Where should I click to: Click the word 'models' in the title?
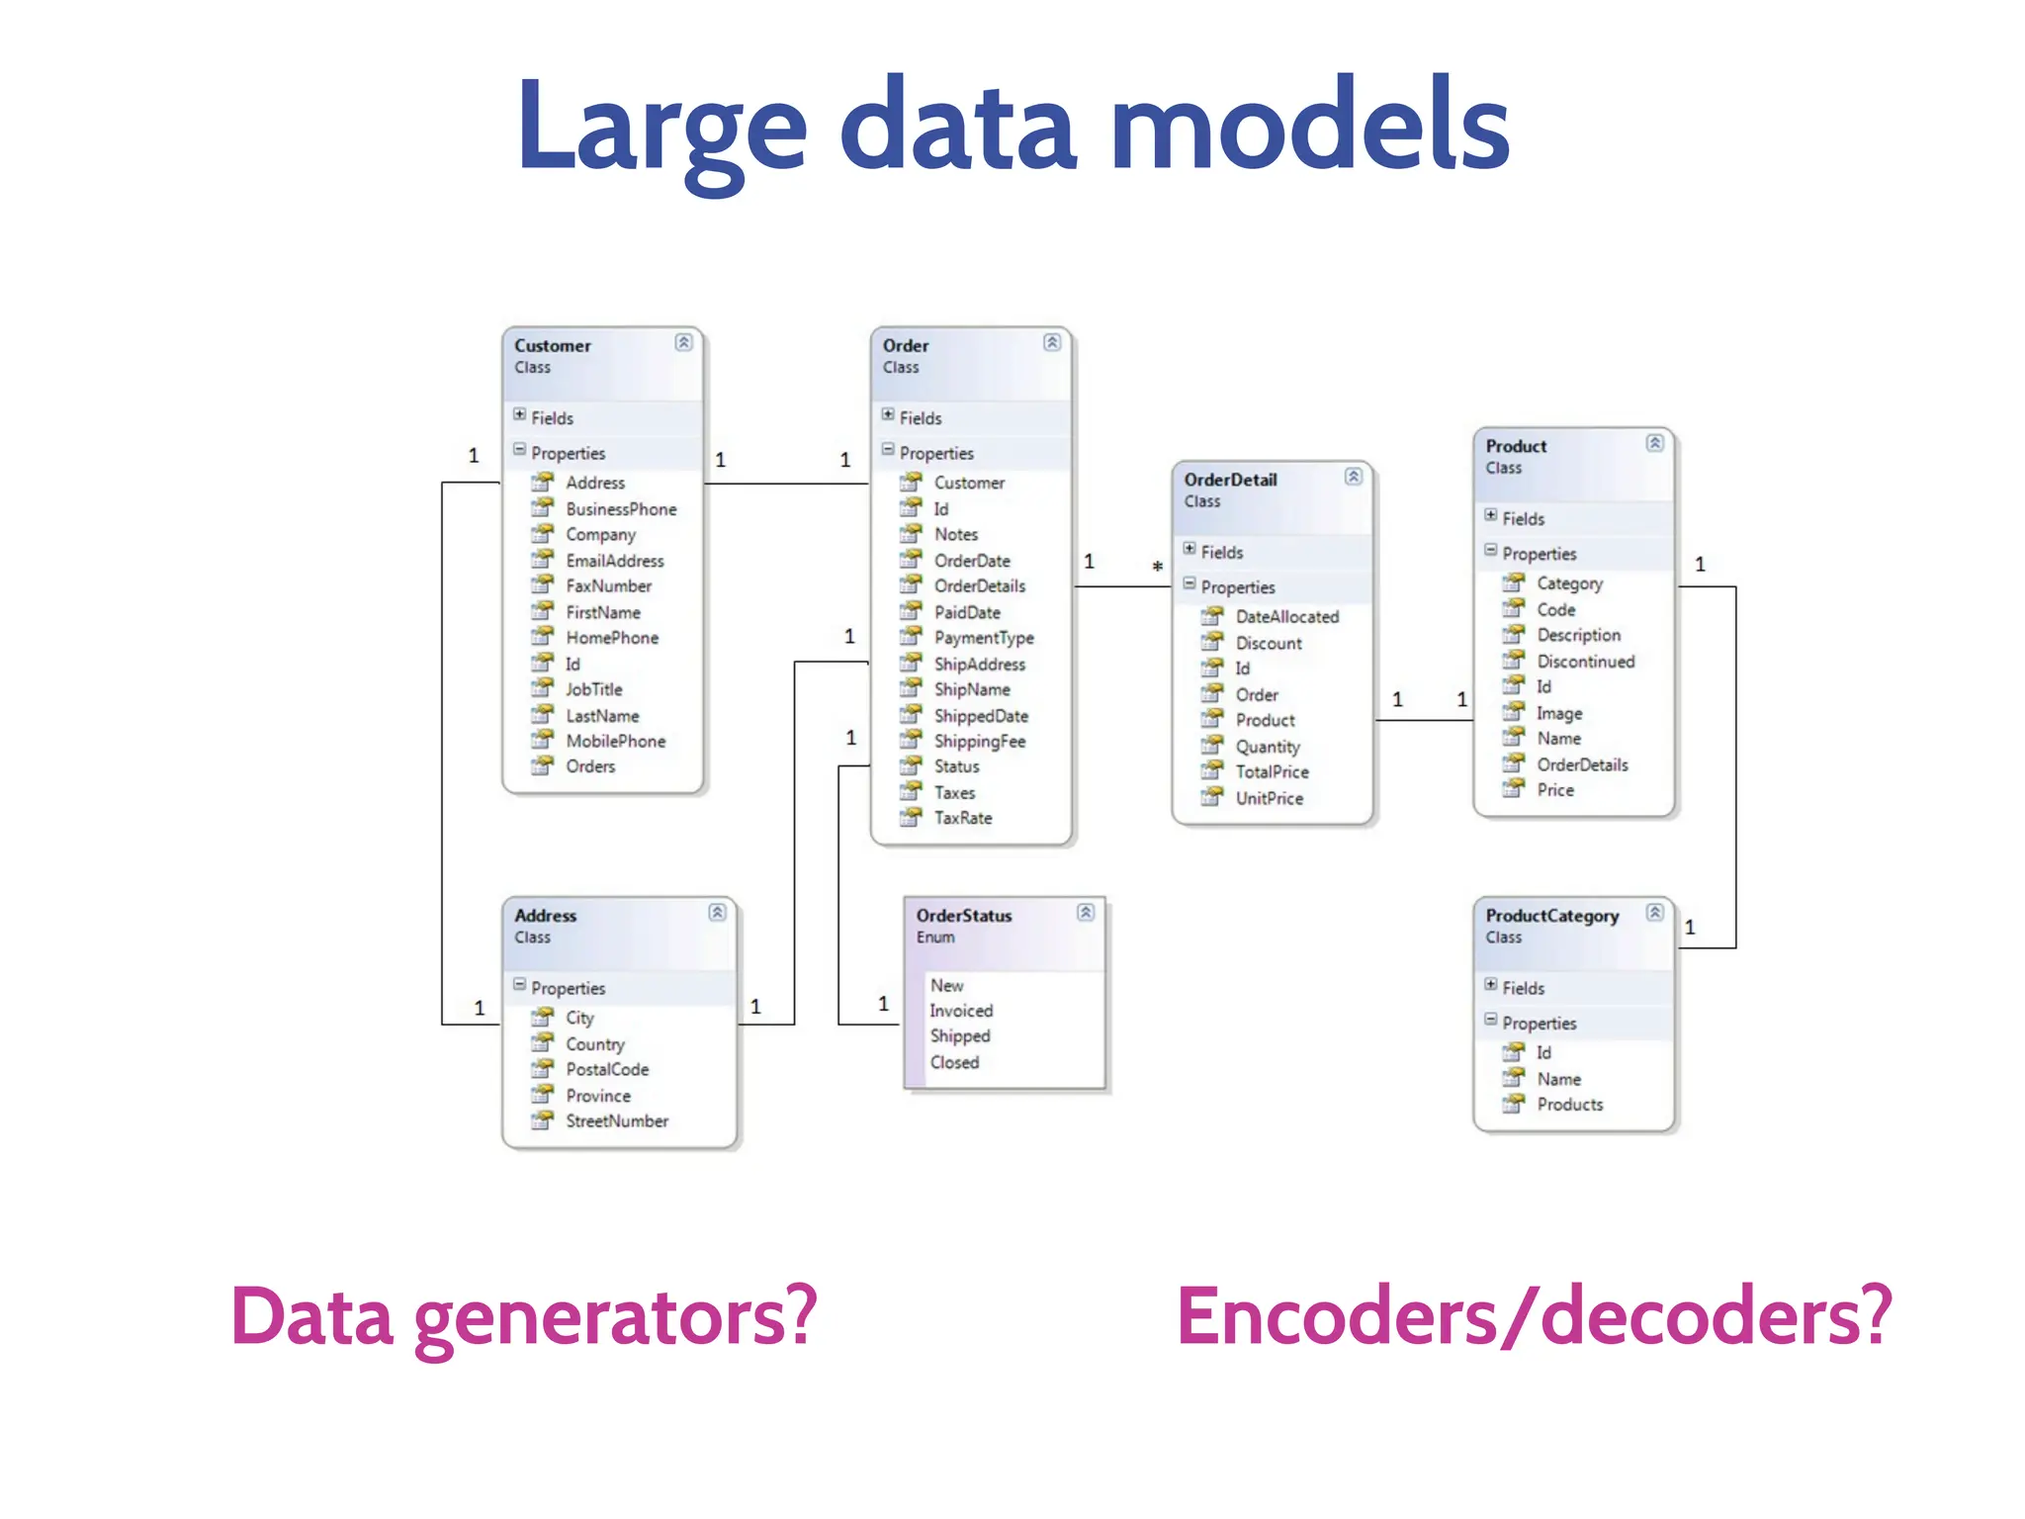pos(1309,126)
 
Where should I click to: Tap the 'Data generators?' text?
pos(524,1317)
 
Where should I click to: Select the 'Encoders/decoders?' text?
pos(1534,1317)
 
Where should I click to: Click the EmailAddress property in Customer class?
pos(614,561)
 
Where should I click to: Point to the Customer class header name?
pos(552,346)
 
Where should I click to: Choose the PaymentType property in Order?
pos(983,638)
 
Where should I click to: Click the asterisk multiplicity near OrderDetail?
pos(1157,568)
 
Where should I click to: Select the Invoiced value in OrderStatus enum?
pos(960,1011)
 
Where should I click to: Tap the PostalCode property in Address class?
pos(607,1069)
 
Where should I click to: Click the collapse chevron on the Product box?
pos(1654,443)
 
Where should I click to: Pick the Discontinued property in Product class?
pos(1585,662)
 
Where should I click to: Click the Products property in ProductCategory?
pos(1569,1105)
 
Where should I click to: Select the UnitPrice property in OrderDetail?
pos(1269,798)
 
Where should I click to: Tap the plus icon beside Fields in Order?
pos(888,415)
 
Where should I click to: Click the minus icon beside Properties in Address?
pos(519,985)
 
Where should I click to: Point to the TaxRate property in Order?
pos(962,818)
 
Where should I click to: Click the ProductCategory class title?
pos(1551,916)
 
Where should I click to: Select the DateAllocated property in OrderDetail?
pos(1286,616)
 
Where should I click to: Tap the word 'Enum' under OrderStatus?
pos(934,938)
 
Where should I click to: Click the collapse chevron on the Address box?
pos(717,912)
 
